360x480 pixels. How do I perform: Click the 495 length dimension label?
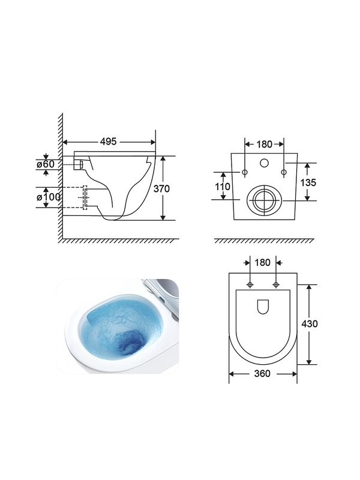[109, 142]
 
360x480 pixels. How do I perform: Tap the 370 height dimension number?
[161, 188]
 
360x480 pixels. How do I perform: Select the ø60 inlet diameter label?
[46, 164]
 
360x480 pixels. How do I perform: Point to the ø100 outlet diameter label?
[49, 197]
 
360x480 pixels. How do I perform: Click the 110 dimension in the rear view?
[223, 186]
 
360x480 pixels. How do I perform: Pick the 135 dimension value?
[308, 182]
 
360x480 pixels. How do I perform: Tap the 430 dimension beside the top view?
[310, 323]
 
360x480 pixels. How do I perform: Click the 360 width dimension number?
[262, 373]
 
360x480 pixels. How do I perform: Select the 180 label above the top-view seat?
[262, 262]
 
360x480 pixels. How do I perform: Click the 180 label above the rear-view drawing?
[264, 144]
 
